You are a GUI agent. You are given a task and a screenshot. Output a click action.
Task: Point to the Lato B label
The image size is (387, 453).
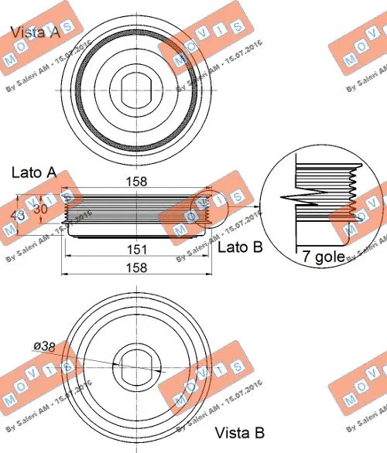pyautogui.click(x=240, y=247)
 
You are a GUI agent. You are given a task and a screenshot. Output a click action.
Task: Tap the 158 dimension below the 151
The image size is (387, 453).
pyautogui.click(x=139, y=267)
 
